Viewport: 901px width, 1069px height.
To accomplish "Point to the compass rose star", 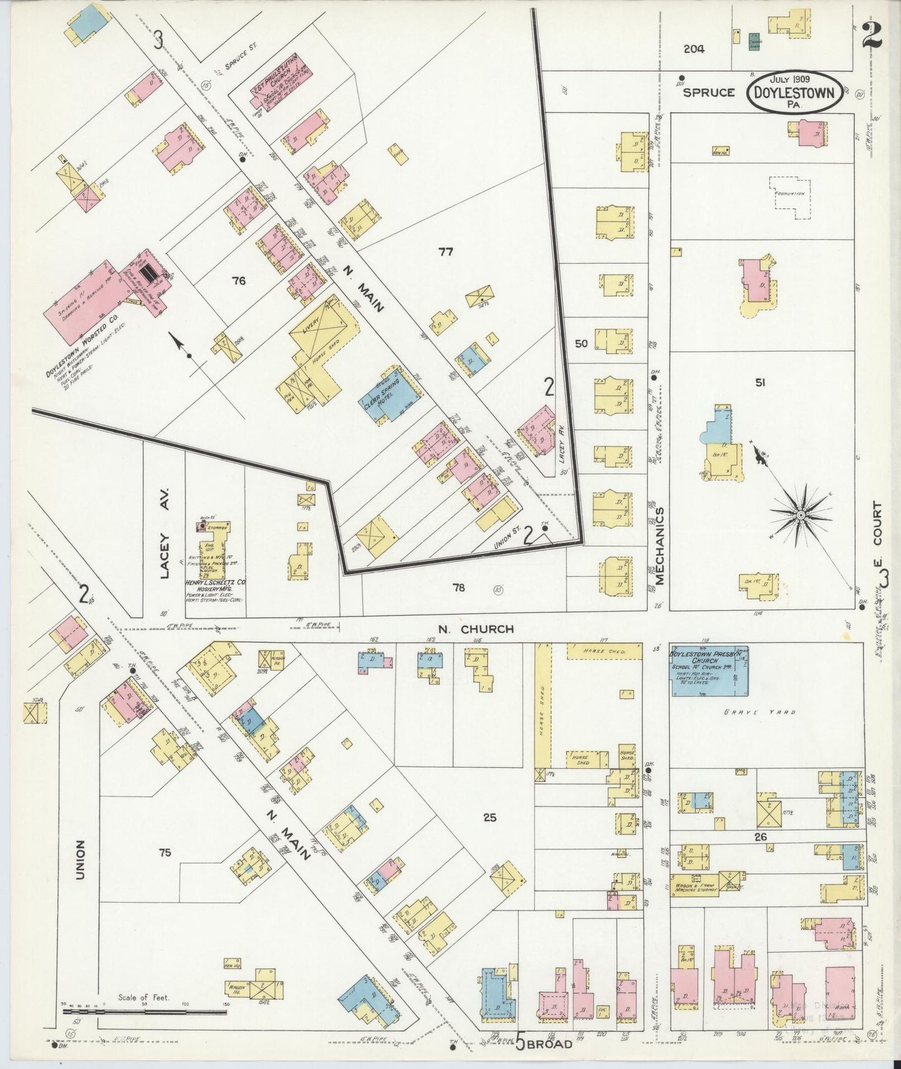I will click(x=801, y=516).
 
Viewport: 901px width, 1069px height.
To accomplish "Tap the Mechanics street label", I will click(x=659, y=545).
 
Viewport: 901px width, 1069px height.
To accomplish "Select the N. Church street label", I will click(x=475, y=629).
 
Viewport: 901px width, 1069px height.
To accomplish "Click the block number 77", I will click(x=445, y=252).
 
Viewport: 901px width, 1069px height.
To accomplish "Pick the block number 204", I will click(x=693, y=49).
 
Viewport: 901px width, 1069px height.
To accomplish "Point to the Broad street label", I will click(x=549, y=1044).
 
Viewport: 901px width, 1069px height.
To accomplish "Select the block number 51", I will click(x=759, y=383).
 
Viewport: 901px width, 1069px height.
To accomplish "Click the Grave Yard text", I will click(x=759, y=712).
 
